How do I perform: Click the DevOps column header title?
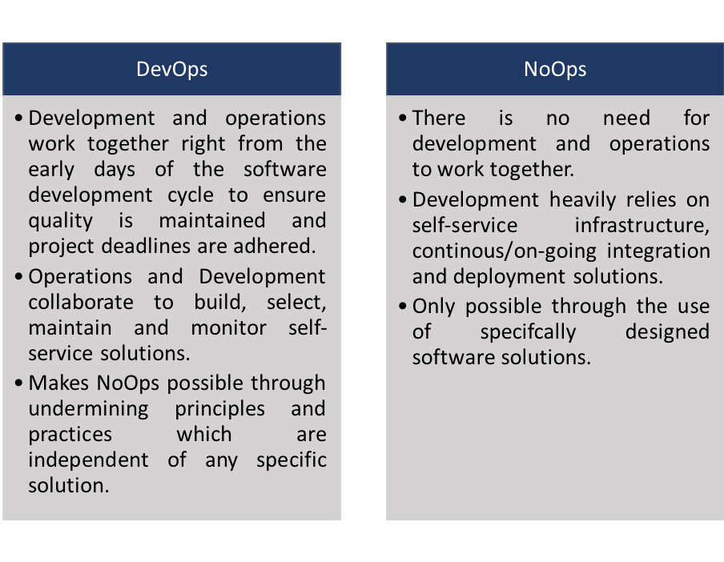tap(171, 69)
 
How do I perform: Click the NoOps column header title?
tap(555, 69)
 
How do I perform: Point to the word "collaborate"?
tap(81, 302)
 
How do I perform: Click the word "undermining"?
tap(89, 408)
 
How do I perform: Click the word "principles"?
tap(220, 408)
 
